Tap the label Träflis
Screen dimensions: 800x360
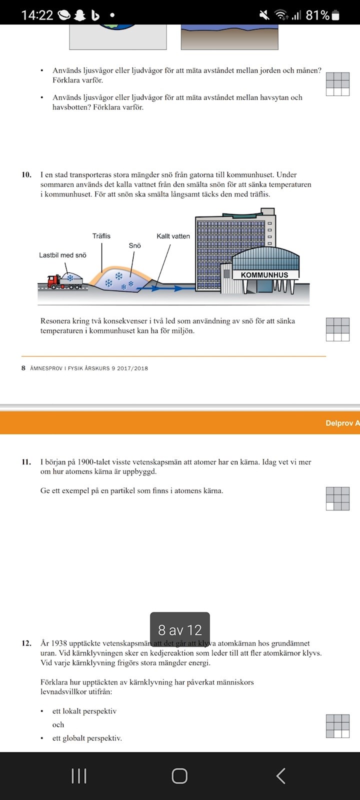pyautogui.click(x=101, y=236)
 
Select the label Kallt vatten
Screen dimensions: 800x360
pyautogui.click(x=173, y=236)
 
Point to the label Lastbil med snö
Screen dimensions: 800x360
pyautogui.click(x=62, y=255)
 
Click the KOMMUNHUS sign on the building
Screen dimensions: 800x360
pyautogui.click(x=264, y=275)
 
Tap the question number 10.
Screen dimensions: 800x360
pyautogui.click(x=26, y=175)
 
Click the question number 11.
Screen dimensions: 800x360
pyautogui.click(x=26, y=462)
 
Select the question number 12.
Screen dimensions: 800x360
pyautogui.click(x=26, y=643)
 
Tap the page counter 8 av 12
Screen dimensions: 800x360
pyautogui.click(x=180, y=630)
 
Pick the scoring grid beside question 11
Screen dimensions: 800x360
pyautogui.click(x=337, y=498)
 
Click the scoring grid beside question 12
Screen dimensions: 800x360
pyautogui.click(x=337, y=726)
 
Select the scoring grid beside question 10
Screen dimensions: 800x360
pyautogui.click(x=337, y=329)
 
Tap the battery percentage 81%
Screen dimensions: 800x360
pyautogui.click(x=317, y=15)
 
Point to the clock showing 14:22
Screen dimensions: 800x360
pyautogui.click(x=37, y=15)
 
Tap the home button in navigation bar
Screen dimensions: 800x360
pyautogui.click(x=179, y=776)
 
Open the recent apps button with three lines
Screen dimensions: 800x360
pyautogui.click(x=79, y=776)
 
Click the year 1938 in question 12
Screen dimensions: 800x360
pyautogui.click(x=64, y=643)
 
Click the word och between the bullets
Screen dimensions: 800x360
pyautogui.click(x=58, y=724)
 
